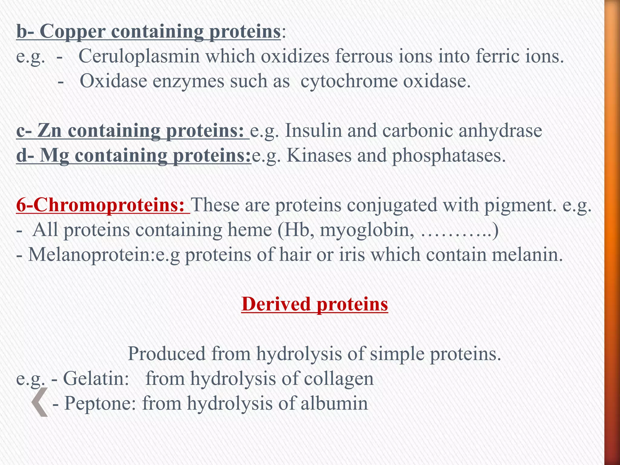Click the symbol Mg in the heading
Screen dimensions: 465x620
coord(54,156)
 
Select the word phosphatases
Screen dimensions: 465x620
coord(449,156)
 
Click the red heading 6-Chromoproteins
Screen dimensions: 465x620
coord(100,205)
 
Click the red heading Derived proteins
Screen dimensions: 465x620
coord(315,304)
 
